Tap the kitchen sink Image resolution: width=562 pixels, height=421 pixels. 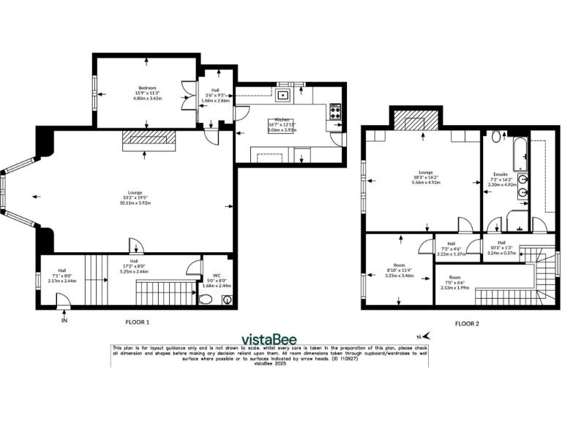pyautogui.click(x=284, y=93)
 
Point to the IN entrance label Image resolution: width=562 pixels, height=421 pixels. pyautogui.click(x=64, y=320)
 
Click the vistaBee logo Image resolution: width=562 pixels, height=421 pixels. pyautogui.click(x=280, y=338)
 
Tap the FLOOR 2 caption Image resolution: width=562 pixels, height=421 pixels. pyautogui.click(x=468, y=322)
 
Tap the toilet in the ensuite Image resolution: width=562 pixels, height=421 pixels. pyautogui.click(x=497, y=137)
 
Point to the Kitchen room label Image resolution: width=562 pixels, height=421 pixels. pyautogui.click(x=283, y=119)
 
